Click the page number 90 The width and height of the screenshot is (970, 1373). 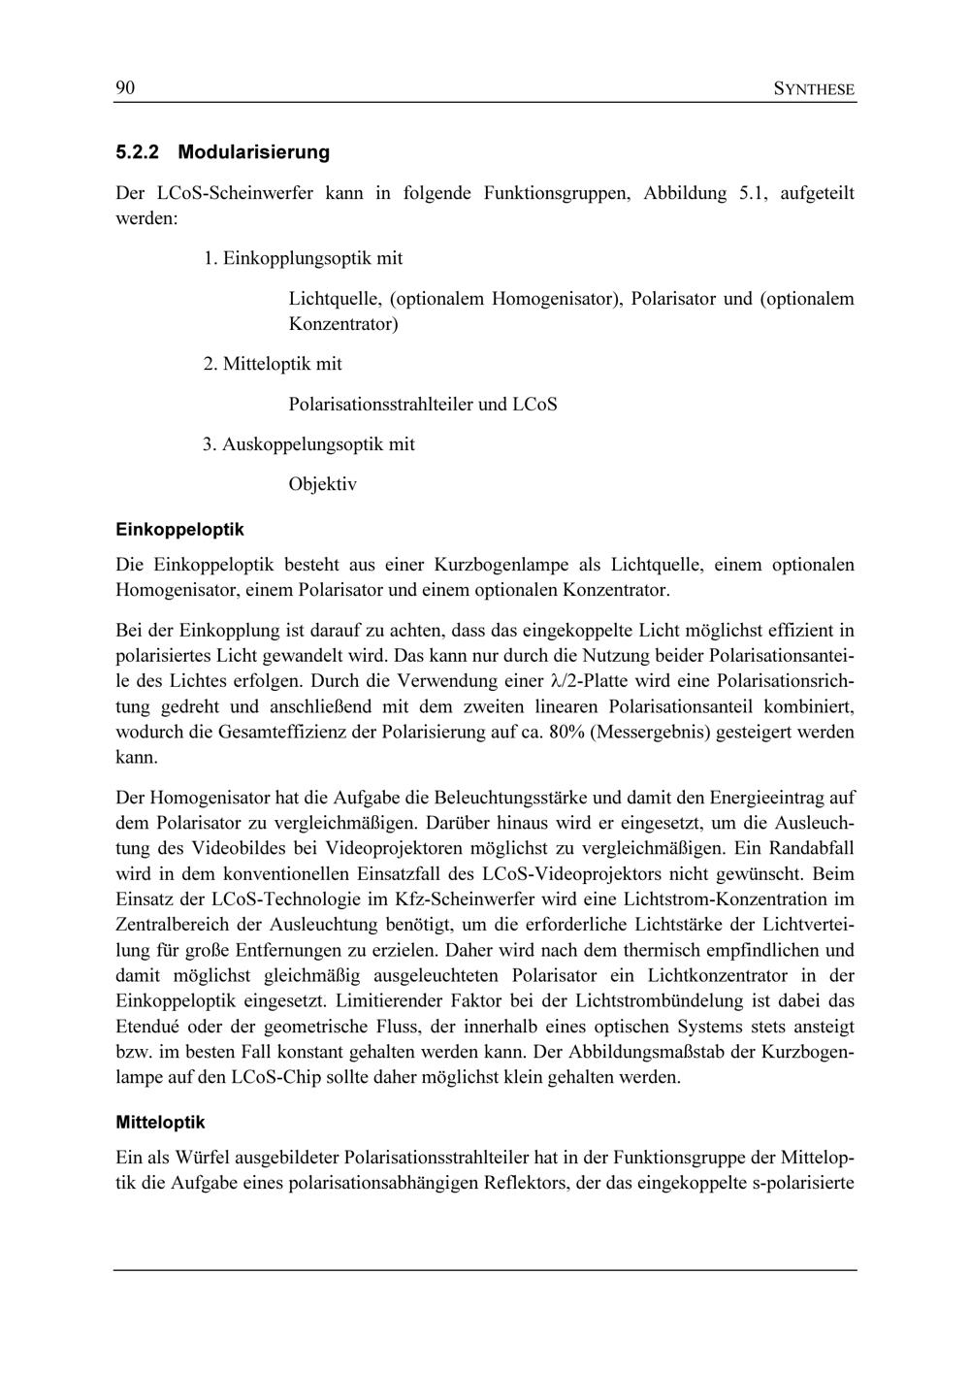point(125,89)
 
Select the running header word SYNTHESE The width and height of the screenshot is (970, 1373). point(815,90)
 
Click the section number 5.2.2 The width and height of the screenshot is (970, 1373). point(137,152)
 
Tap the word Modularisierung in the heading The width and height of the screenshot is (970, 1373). point(254,152)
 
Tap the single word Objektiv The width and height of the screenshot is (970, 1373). point(322,484)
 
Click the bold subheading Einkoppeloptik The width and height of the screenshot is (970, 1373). point(179,530)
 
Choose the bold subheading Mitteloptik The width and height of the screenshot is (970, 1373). point(160,1122)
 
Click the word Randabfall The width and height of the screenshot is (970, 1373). point(811,849)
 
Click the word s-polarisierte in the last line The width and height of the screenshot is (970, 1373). point(803,1183)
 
